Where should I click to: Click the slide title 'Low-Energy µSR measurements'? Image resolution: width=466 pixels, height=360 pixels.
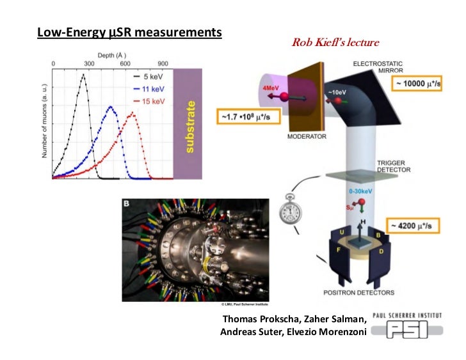pyautogui.click(x=129, y=31)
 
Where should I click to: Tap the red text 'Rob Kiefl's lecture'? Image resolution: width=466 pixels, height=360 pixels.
pyautogui.click(x=335, y=43)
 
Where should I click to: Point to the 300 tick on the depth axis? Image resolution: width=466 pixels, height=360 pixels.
pyautogui.click(x=89, y=65)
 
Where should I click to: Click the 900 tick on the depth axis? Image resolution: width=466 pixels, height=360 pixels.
pyautogui.click(x=162, y=65)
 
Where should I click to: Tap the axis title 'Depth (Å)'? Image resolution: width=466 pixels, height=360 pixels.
pyautogui.click(x=108, y=56)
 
